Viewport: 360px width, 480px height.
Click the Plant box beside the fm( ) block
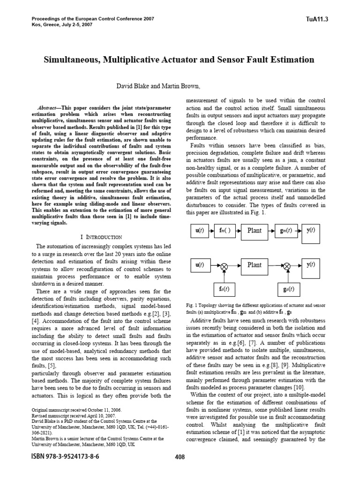coord(254,231)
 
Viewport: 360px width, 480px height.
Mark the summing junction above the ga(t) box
coord(287,266)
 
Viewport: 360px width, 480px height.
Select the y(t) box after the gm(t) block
coord(310,231)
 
